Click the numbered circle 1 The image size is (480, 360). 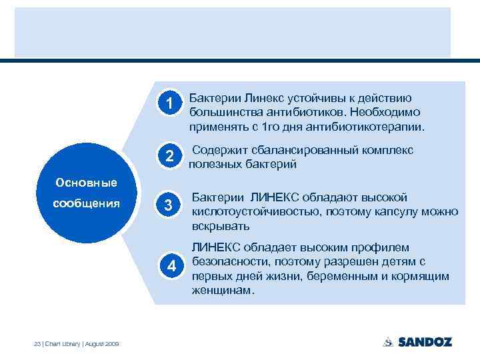[171, 103]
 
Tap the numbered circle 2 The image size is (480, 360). [171, 157]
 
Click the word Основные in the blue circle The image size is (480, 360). [85, 182]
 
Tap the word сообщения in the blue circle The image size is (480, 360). [85, 203]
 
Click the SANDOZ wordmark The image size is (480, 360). [425, 342]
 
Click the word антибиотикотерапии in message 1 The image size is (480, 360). [363, 125]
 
